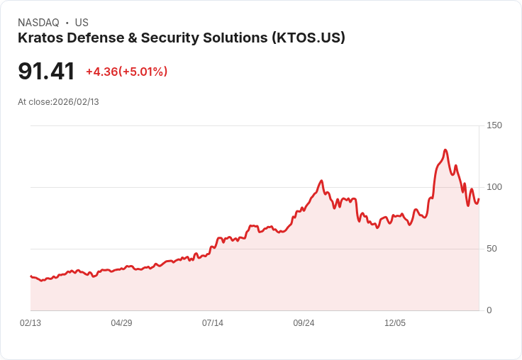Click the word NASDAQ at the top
tap(38, 23)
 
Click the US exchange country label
tap(82, 23)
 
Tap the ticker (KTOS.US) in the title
tap(308, 38)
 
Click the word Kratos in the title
tap(41, 38)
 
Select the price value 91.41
tap(46, 72)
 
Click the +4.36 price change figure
tap(101, 72)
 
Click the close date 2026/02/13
tap(76, 102)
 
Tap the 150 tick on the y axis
tap(494, 125)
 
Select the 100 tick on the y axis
tap(494, 187)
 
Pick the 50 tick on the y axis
tap(492, 249)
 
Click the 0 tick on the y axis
tap(489, 310)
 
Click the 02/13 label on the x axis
tap(30, 323)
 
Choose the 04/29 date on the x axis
tap(121, 323)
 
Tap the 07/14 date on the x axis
tap(213, 323)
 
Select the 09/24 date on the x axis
tap(304, 323)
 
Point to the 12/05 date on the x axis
tap(395, 323)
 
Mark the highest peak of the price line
tap(445, 150)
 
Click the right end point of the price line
tap(479, 199)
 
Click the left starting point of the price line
tap(30, 276)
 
